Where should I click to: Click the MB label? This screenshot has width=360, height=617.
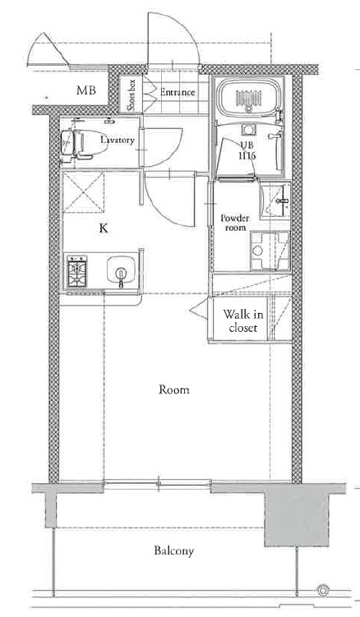click(86, 90)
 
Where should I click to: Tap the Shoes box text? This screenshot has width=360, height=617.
click(132, 94)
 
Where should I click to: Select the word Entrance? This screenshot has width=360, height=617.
click(178, 93)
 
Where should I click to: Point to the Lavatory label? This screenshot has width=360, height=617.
click(118, 140)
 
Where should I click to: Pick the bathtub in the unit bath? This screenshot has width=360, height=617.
click(248, 97)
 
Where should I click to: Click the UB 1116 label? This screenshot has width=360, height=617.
click(247, 150)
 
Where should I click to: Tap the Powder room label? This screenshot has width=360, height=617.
click(235, 223)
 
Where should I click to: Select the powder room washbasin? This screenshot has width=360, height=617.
click(275, 200)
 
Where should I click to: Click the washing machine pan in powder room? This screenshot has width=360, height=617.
click(270, 251)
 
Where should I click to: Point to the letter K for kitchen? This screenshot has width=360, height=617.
click(104, 228)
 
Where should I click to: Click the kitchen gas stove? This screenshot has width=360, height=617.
click(76, 271)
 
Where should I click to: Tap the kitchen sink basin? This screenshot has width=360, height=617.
click(122, 270)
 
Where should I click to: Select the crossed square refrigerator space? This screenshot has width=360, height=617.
click(84, 192)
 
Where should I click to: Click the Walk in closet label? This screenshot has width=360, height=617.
click(243, 320)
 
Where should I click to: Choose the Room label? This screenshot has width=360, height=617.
click(174, 389)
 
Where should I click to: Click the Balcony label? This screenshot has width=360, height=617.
click(174, 551)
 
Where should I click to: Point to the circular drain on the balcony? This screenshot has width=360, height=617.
click(323, 590)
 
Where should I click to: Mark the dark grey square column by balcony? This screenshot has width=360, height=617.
click(296, 515)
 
